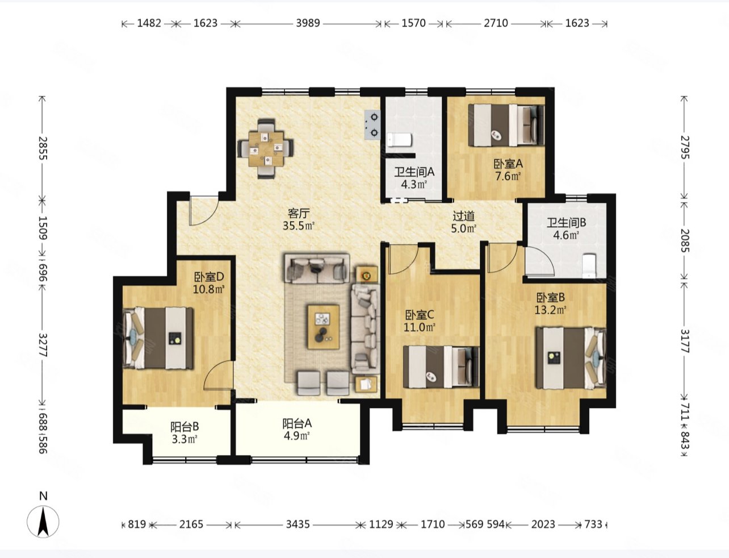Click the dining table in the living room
point(266,148)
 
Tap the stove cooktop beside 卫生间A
point(372,124)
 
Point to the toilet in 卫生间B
point(589,266)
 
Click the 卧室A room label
point(508,164)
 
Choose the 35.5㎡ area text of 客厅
point(298,226)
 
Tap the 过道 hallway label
point(464,216)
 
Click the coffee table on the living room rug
point(324,327)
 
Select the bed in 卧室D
point(158,338)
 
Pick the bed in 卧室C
point(441,367)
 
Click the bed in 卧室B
point(571,358)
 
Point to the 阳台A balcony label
point(297,423)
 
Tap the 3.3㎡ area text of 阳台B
point(185,439)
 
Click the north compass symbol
point(43,522)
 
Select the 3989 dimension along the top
point(308,23)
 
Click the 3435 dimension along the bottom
point(298,524)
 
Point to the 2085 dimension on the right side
point(684,240)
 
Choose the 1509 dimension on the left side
point(43,228)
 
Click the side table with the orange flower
point(367,275)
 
